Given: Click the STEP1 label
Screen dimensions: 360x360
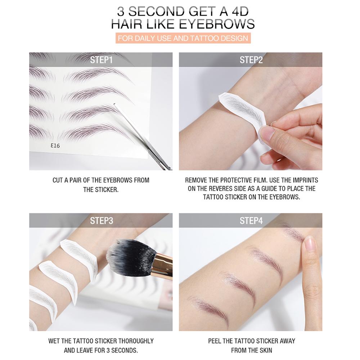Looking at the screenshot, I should pos(101,60).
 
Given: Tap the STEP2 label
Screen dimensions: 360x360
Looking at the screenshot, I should pos(251,60).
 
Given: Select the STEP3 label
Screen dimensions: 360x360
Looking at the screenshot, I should pos(101,220).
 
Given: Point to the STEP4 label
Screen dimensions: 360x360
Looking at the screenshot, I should pos(251,220).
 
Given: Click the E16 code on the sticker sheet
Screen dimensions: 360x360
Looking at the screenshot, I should pos(55,146).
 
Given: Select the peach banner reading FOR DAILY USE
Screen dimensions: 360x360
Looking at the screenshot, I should pos(183,38).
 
